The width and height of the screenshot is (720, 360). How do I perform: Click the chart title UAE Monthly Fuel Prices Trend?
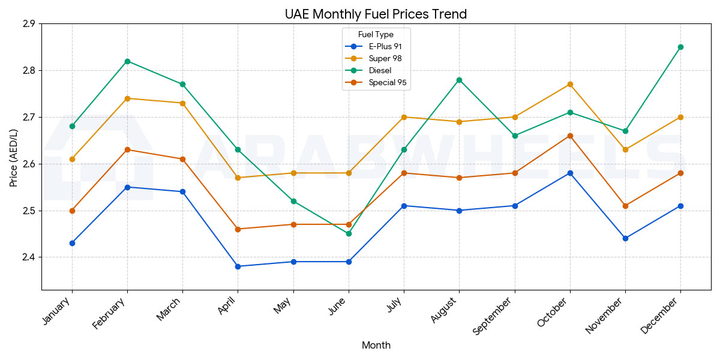376,14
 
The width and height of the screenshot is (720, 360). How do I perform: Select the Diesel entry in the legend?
380,71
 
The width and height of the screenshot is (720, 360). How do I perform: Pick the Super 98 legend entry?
385,58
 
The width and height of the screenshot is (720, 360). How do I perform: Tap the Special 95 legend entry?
388,83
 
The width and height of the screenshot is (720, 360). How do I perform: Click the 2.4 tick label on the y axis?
28,257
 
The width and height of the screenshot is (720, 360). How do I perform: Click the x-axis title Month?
376,345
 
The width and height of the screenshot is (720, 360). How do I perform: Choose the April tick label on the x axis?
228,307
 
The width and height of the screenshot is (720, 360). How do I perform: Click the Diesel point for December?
680,47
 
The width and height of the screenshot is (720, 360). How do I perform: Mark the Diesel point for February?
127,61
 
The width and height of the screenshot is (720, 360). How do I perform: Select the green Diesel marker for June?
349,233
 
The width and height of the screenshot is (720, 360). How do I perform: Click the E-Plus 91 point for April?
238,266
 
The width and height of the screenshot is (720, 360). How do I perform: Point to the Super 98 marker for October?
570,85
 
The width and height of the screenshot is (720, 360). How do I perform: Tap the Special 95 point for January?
72,211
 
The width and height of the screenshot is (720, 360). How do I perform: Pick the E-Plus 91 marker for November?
625,238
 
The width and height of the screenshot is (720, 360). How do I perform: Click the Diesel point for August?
459,80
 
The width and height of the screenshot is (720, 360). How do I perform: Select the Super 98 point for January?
72,159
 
